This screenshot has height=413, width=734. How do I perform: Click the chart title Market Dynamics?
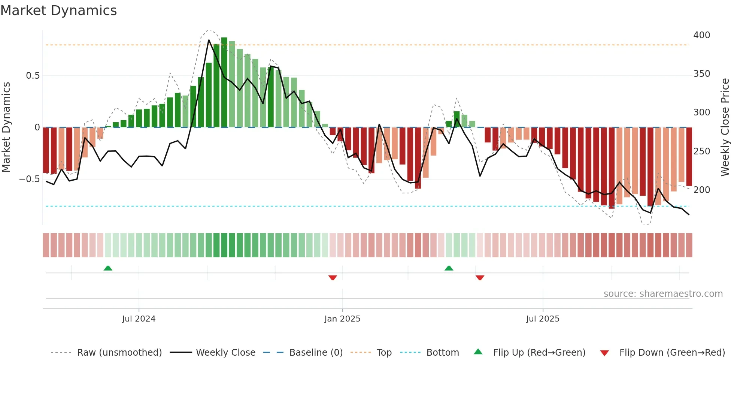tap(58, 10)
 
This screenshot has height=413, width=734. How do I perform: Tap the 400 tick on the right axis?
tap(701, 35)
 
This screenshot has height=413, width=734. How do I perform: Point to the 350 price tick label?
tap(701, 74)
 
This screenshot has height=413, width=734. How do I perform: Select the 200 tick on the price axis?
tap(701, 190)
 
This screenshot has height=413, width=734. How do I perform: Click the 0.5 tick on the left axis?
tap(33, 76)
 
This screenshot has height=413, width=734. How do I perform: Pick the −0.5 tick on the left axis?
tap(30, 179)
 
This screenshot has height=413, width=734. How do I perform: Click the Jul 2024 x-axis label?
tap(139, 319)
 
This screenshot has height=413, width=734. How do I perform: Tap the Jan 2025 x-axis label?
tap(342, 319)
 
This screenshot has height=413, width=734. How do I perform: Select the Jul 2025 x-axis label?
tap(543, 319)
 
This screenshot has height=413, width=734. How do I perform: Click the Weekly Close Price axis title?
tap(725, 127)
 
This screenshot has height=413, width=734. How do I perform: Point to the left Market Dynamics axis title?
tap(6, 127)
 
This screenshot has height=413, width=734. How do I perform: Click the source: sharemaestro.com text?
tap(663, 294)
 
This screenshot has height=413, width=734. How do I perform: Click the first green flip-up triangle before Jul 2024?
tap(108, 268)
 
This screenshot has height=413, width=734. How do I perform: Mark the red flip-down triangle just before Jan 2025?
tap(333, 278)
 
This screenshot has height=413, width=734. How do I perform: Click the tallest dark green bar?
tap(224, 82)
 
